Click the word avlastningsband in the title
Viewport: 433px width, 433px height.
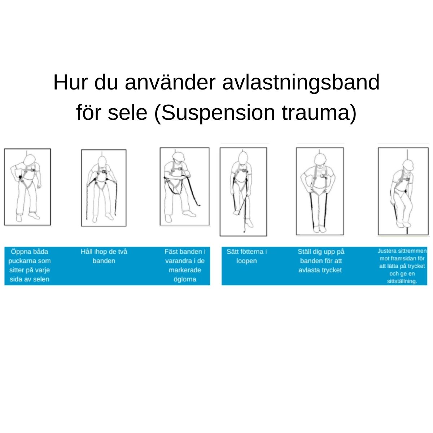click(301, 82)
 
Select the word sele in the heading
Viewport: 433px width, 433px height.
click(127, 112)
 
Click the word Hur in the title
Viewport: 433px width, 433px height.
click(70, 82)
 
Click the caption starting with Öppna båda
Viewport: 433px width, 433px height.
click(30, 265)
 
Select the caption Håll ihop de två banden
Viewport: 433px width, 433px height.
click(104, 256)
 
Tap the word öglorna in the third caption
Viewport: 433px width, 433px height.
click(185, 279)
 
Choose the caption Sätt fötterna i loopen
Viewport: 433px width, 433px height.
click(246, 256)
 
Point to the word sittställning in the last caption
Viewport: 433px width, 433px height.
click(402, 281)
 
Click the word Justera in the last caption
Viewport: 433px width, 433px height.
click(386, 251)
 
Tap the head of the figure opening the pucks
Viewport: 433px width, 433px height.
click(29, 159)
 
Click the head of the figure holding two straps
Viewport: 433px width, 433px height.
click(102, 161)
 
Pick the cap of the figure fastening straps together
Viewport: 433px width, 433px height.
click(178, 156)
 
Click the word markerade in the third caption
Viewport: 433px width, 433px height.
click(185, 270)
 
